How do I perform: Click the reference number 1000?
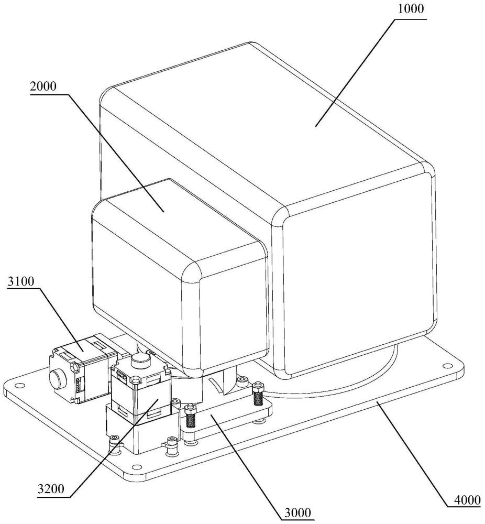pos(410,9)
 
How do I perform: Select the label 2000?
pos(43,86)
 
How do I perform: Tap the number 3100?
pos(21,282)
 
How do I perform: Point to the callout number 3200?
pos(51,489)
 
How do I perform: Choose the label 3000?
pos(297,512)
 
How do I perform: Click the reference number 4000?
pos(467,500)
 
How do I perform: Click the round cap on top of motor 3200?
pos(140,360)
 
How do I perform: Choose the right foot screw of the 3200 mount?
pos(171,442)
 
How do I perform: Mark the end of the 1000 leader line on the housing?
pos(315,126)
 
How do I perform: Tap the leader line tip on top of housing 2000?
pos(163,212)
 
